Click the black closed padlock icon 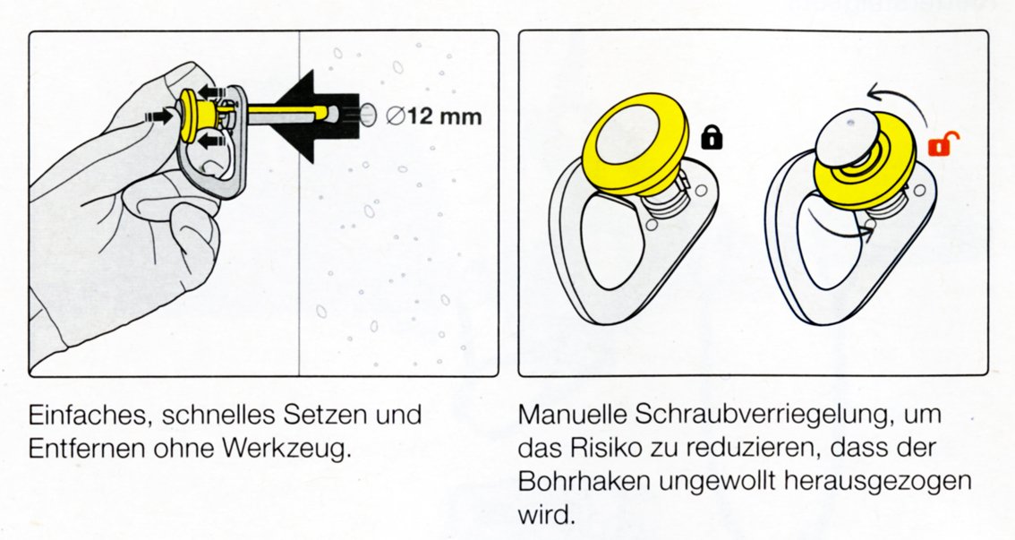712,137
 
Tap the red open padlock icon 942,143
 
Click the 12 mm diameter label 434,116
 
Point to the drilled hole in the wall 367,115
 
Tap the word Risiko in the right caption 602,448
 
